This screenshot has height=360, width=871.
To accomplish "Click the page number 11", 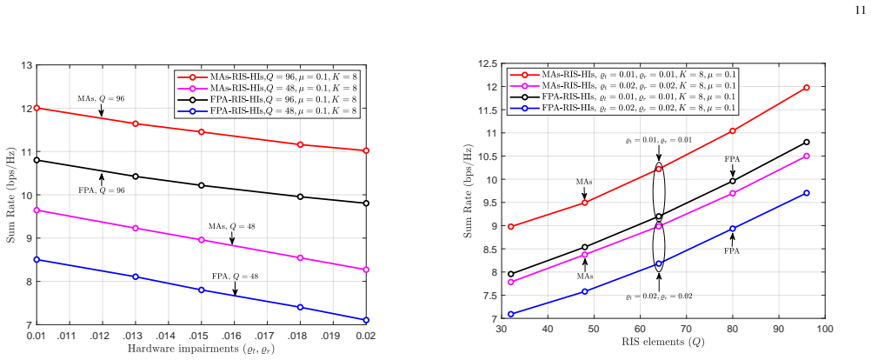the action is pos(860,10).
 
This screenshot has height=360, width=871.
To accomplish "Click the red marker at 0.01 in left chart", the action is pos(37,108).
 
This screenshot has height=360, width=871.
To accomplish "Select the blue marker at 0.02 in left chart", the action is pos(366,320).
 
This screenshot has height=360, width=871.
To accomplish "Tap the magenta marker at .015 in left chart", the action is pos(201,240).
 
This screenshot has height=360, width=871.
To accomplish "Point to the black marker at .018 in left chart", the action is pos(300,197).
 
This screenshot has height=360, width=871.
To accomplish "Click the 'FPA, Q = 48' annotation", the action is pos(235,277).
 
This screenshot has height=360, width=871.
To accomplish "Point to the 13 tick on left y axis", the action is pos(25,65).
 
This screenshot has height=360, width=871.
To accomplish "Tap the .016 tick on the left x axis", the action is pos(234,336).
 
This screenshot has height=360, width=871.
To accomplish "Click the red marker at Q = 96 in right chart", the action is pos(807,88).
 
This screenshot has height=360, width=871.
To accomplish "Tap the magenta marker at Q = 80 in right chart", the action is pos(733,193).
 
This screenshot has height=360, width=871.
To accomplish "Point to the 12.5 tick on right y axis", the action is pos(487,63).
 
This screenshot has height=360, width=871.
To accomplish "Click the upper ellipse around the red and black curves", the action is pos(653,191).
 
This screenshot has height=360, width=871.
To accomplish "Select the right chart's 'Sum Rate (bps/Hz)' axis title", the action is pos(468,191).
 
